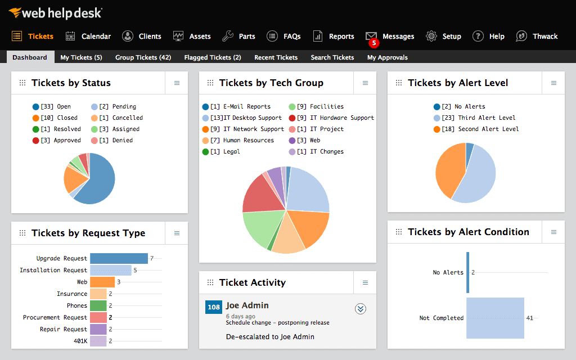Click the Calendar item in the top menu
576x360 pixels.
[x=88, y=36]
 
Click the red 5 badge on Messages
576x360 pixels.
[x=373, y=43]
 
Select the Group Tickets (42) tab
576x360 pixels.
[x=143, y=57]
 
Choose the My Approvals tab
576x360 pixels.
[x=387, y=57]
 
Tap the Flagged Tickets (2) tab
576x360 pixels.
[x=212, y=57]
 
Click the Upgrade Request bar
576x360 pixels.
[x=119, y=258]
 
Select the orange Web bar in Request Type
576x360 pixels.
[x=102, y=282]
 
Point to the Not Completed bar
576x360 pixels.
[x=495, y=318]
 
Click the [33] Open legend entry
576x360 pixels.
[x=52, y=106]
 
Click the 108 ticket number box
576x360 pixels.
[x=214, y=307]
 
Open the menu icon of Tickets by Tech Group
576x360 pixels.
[x=365, y=83]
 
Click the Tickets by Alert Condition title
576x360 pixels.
[x=468, y=232]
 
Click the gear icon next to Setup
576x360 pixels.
[x=431, y=36]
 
